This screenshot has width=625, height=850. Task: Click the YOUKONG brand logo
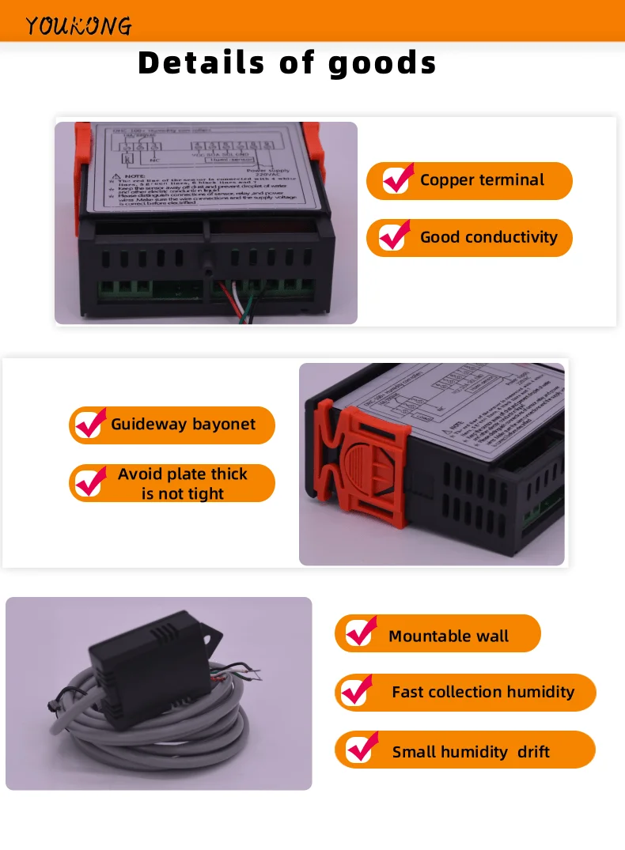pos(78,26)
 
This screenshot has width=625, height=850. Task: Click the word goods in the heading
pos(382,62)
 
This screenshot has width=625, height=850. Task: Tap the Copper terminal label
pos(482,180)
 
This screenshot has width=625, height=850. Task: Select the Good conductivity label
pos(488,237)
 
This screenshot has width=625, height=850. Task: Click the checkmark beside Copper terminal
pos(397,179)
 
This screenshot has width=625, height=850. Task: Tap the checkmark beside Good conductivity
pos(394,236)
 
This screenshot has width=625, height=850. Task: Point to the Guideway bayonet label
pos(183,425)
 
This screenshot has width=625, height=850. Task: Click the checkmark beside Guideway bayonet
pos(91,424)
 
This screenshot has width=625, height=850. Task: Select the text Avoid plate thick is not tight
pos(183,484)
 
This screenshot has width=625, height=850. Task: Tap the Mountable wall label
pos(449,637)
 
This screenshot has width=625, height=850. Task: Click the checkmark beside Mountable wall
pos(362,632)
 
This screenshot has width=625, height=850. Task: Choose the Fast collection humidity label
pos(483,693)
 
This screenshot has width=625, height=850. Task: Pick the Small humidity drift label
pos(471,752)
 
